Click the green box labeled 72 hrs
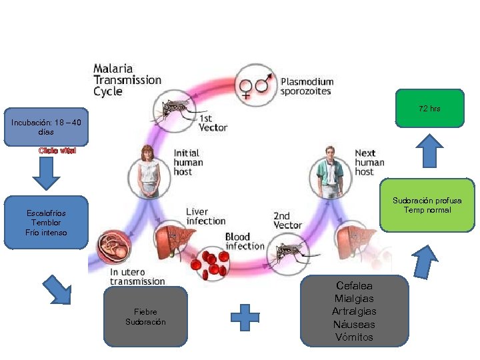tap(429, 108)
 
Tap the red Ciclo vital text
tap(57, 151)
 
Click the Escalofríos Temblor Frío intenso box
tap(46, 223)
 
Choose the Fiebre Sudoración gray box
tap(145, 317)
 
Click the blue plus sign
tap(245, 317)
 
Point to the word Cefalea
tap(354, 285)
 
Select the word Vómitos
tap(354, 337)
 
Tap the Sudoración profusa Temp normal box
tap(427, 205)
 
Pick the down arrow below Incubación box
tap(46, 173)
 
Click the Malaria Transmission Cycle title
tap(127, 79)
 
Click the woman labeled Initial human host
tap(149, 171)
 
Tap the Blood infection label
tap(245, 241)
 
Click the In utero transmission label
tap(137, 277)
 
